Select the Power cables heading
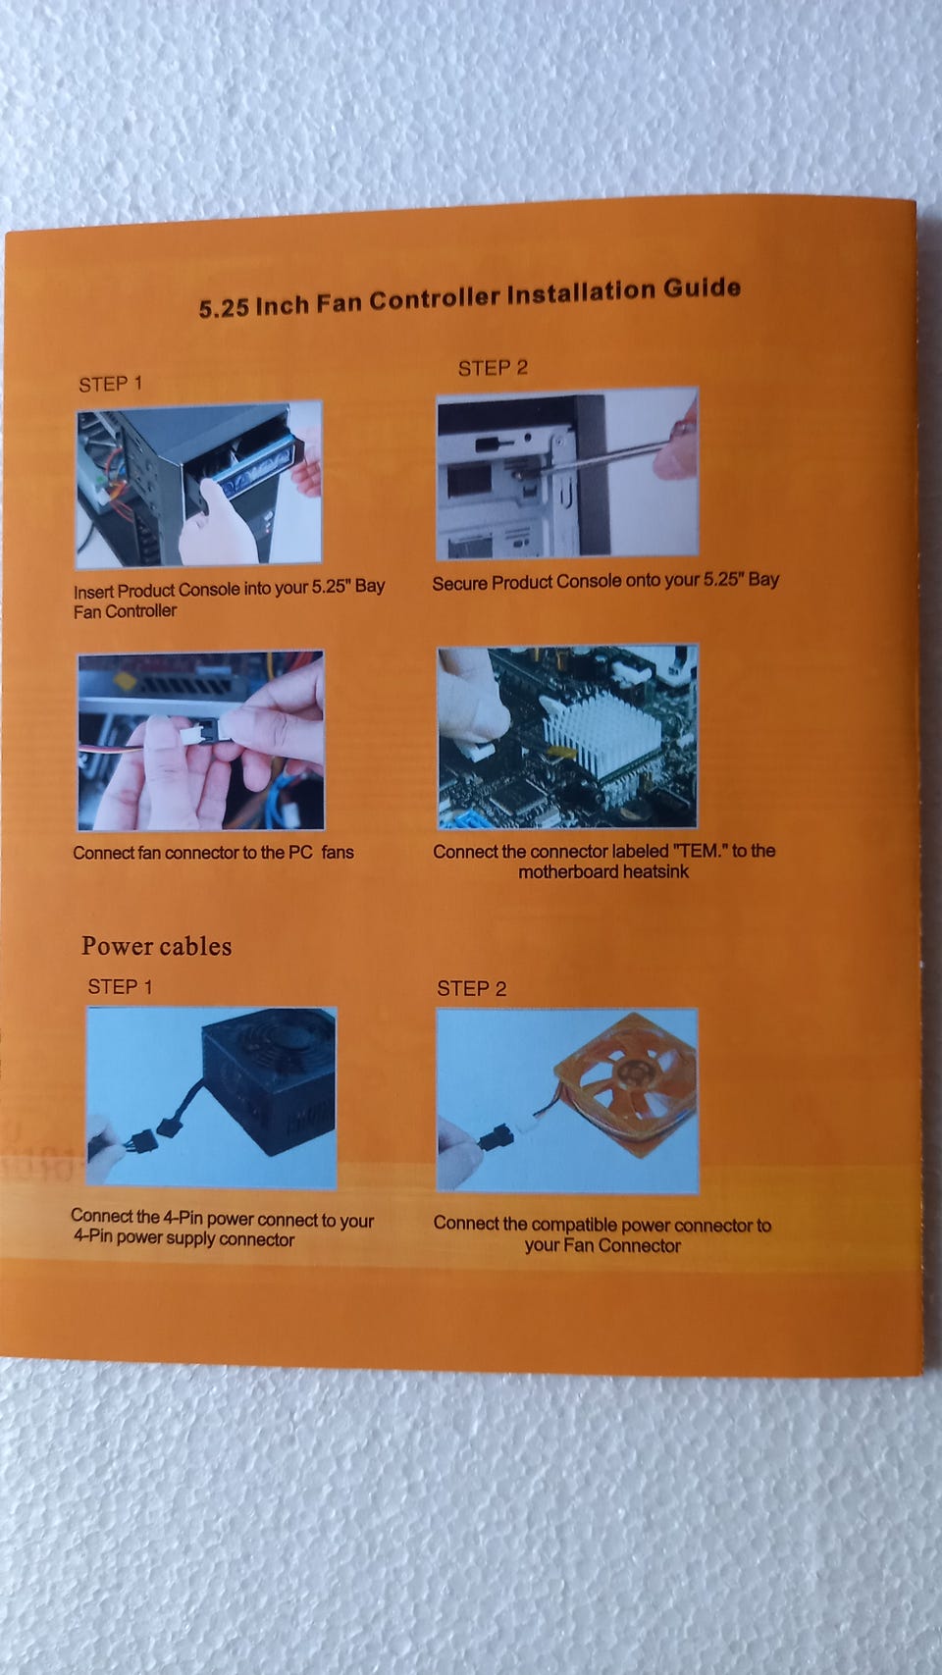pos(156,946)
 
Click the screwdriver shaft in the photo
pos(605,456)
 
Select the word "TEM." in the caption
pos(699,851)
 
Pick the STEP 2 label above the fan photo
pos(472,988)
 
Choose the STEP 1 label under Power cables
pos(120,987)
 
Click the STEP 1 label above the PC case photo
pos(111,385)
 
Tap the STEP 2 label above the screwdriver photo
pos(493,368)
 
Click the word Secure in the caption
pos(459,583)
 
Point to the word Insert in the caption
pos(93,593)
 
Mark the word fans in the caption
pos(338,853)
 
